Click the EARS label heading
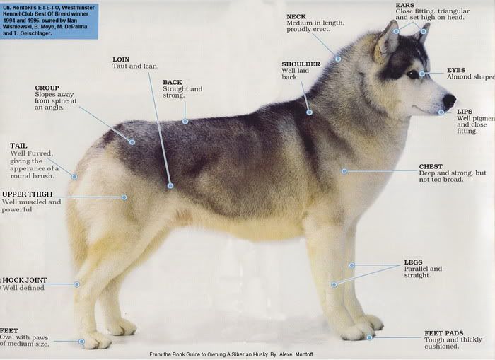coord(405,5)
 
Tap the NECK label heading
coord(296,16)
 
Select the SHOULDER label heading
coord(301,64)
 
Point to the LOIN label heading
coord(120,59)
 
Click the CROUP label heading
coord(47,88)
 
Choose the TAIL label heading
coord(18,146)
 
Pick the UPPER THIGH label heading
coord(27,194)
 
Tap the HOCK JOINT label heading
coord(25,280)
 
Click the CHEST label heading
coord(431,167)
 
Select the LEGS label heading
coord(414,262)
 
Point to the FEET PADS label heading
coord(443,333)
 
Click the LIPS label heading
coord(465,111)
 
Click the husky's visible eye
coord(413,74)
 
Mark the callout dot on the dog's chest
coord(344,171)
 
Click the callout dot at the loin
coord(170,185)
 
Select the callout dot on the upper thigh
coord(124,197)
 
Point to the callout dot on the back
coord(185,121)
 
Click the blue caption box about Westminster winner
coord(48,20)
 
